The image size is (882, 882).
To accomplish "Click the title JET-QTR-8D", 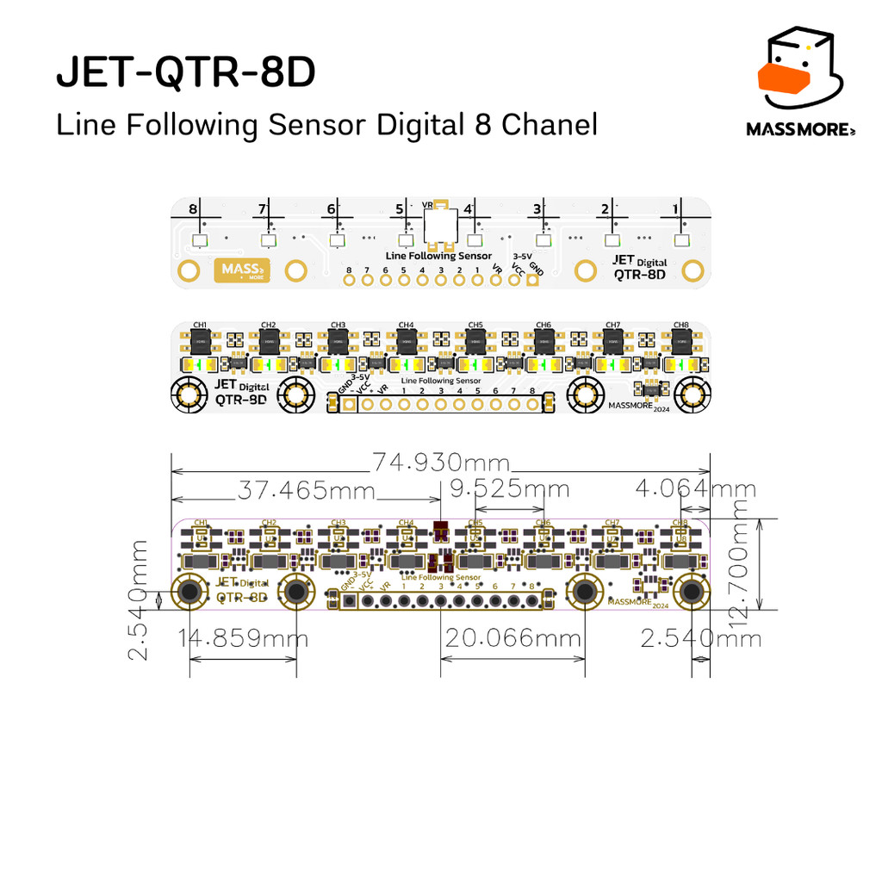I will coord(186,74).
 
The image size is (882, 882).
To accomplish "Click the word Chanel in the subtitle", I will coord(550,125).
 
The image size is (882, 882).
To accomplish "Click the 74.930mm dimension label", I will coord(441,463).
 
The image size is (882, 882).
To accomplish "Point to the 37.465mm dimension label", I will coord(307,491).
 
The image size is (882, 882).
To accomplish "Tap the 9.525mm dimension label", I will coord(510,489).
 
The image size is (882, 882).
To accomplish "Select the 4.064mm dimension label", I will coord(696,489).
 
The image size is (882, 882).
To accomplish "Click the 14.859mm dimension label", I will coord(243,639).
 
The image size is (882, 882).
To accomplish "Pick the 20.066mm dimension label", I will coord(513,639).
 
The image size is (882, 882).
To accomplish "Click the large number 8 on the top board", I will coord(192,209).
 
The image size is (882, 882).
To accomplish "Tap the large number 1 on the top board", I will coord(675,209).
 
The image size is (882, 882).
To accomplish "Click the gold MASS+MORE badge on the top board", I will coord(241,270).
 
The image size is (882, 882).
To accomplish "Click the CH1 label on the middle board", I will coord(200,325).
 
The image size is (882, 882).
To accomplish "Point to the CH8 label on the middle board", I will coord(681,325).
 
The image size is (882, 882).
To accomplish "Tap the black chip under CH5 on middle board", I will coord(475,342).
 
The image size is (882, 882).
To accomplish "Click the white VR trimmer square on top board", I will coord(440,228).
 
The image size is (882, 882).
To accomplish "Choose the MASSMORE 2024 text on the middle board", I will coord(638,407).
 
